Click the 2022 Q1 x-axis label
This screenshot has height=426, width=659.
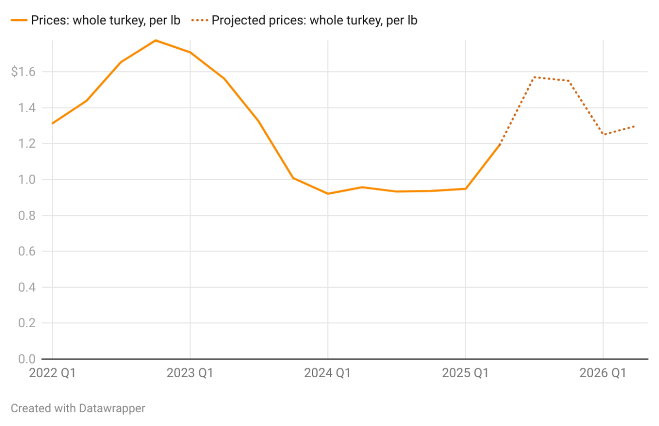coord(52,373)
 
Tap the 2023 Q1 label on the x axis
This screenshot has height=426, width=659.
coord(190,373)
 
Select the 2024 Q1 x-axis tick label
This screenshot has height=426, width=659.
coord(328,373)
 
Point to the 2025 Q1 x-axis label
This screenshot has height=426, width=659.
coord(466,373)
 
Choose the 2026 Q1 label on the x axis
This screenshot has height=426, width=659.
coord(603,373)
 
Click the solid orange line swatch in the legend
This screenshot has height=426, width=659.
coord(19,21)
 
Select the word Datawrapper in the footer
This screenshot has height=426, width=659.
coord(111,408)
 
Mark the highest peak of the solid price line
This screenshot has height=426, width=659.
coord(155,40)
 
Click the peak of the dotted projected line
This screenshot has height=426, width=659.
coord(534,77)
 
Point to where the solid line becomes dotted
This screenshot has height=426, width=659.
coord(500,144)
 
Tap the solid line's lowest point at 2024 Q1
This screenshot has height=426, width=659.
coord(328,194)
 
